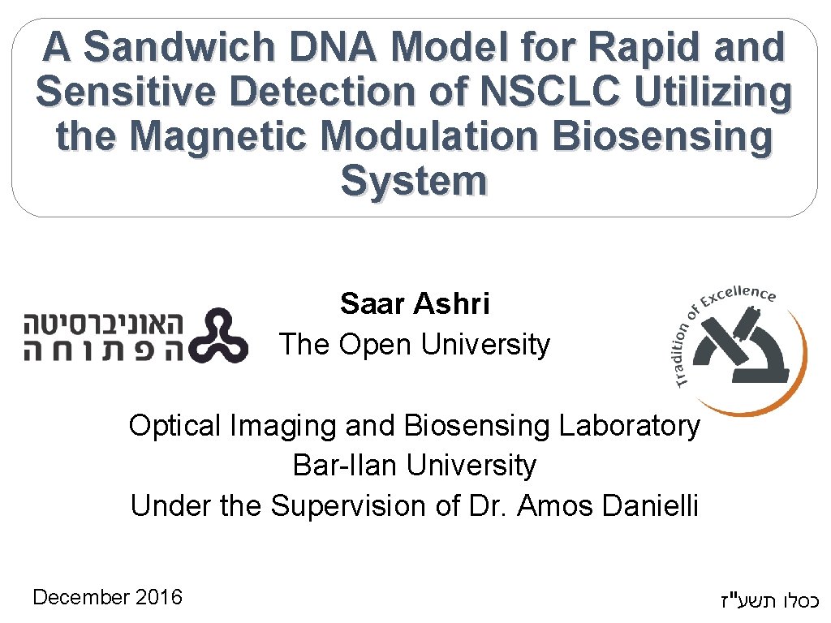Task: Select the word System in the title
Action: coord(414,180)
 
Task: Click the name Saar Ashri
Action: coord(415,304)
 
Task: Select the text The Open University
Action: coord(415,345)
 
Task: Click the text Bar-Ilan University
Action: coord(415,466)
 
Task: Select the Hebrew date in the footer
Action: coord(769,601)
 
